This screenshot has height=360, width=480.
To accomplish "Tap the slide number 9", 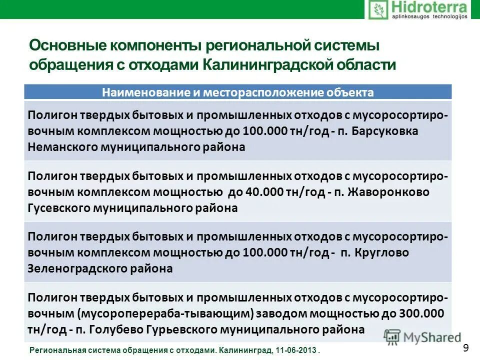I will [466, 348].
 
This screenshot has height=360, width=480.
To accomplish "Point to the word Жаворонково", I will [387, 192].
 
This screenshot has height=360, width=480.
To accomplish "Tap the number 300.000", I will [422, 314].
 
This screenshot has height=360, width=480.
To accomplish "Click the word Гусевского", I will [58, 208].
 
